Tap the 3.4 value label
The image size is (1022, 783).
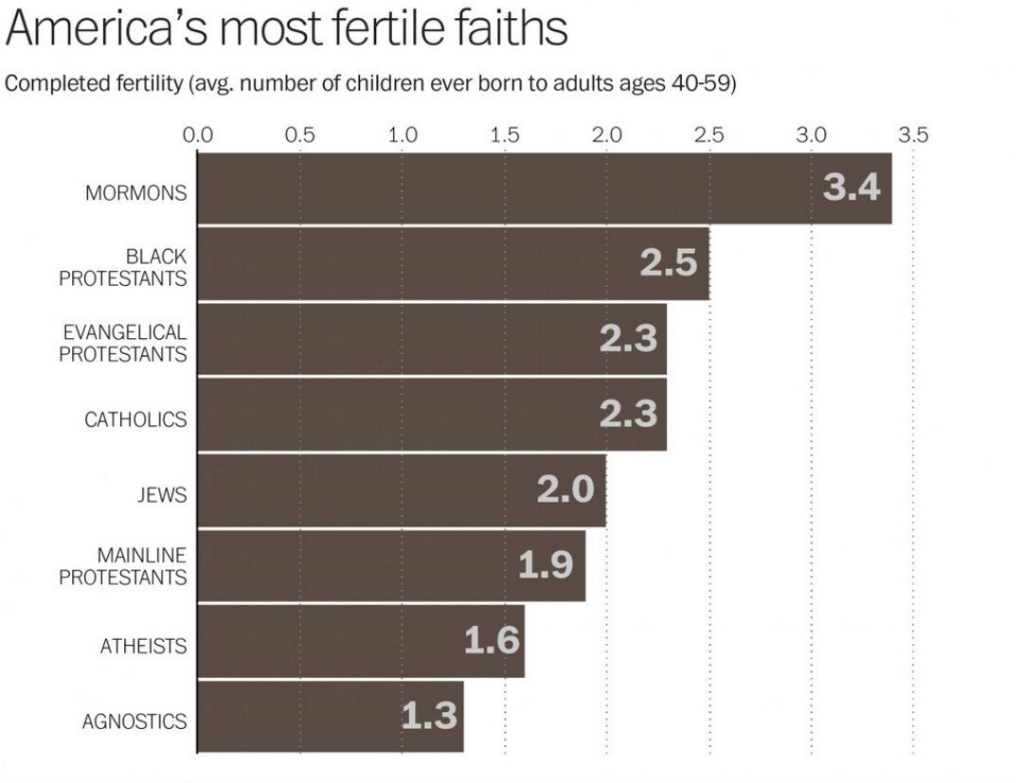pyautogui.click(x=852, y=187)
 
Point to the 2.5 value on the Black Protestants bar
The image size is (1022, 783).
pyautogui.click(x=668, y=262)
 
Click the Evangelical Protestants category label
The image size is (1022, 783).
pyautogui.click(x=123, y=343)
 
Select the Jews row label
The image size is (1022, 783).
pyautogui.click(x=160, y=494)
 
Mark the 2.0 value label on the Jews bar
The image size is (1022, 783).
pyautogui.click(x=565, y=489)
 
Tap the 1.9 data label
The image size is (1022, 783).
pyautogui.click(x=546, y=565)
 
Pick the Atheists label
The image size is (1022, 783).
pyautogui.click(x=144, y=646)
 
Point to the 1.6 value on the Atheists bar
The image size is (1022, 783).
pyautogui.click(x=492, y=640)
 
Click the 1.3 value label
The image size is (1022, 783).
pyautogui.click(x=429, y=716)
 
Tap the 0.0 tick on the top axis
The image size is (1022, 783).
pyautogui.click(x=198, y=134)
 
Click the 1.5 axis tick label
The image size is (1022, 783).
pyautogui.click(x=505, y=134)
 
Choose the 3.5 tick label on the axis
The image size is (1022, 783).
pyautogui.click(x=913, y=134)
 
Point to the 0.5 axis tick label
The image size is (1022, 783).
pyautogui.click(x=300, y=134)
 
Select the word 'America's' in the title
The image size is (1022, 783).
pyautogui.click(x=107, y=27)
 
